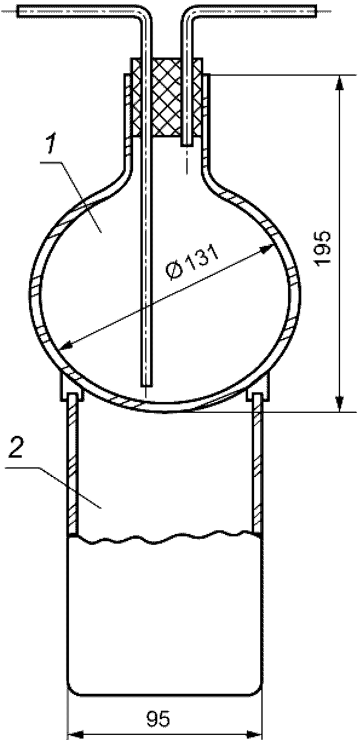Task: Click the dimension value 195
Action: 324,247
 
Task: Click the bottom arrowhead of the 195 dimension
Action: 339,404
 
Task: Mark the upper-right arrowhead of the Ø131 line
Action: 266,248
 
